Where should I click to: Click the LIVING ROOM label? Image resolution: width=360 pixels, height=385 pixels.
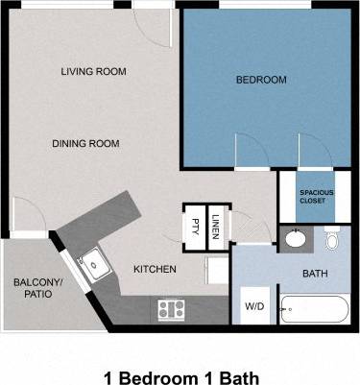pyautogui.click(x=93, y=72)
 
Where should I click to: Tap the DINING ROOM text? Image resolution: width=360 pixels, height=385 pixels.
pyautogui.click(x=85, y=144)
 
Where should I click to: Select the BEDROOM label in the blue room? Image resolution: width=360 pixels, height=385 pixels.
pyautogui.click(x=261, y=80)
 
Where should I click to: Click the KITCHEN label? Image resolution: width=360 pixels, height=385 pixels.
pyautogui.click(x=155, y=269)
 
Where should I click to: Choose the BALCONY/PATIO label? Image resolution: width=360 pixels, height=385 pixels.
pyautogui.click(x=37, y=287)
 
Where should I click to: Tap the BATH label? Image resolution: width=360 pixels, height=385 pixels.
pyautogui.click(x=315, y=274)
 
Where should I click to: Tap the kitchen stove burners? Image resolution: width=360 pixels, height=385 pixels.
pyautogui.click(x=172, y=309)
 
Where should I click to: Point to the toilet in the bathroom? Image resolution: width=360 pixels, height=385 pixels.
pyautogui.click(x=332, y=239)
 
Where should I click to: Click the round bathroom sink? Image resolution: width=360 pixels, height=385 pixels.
pyautogui.click(x=294, y=238)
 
